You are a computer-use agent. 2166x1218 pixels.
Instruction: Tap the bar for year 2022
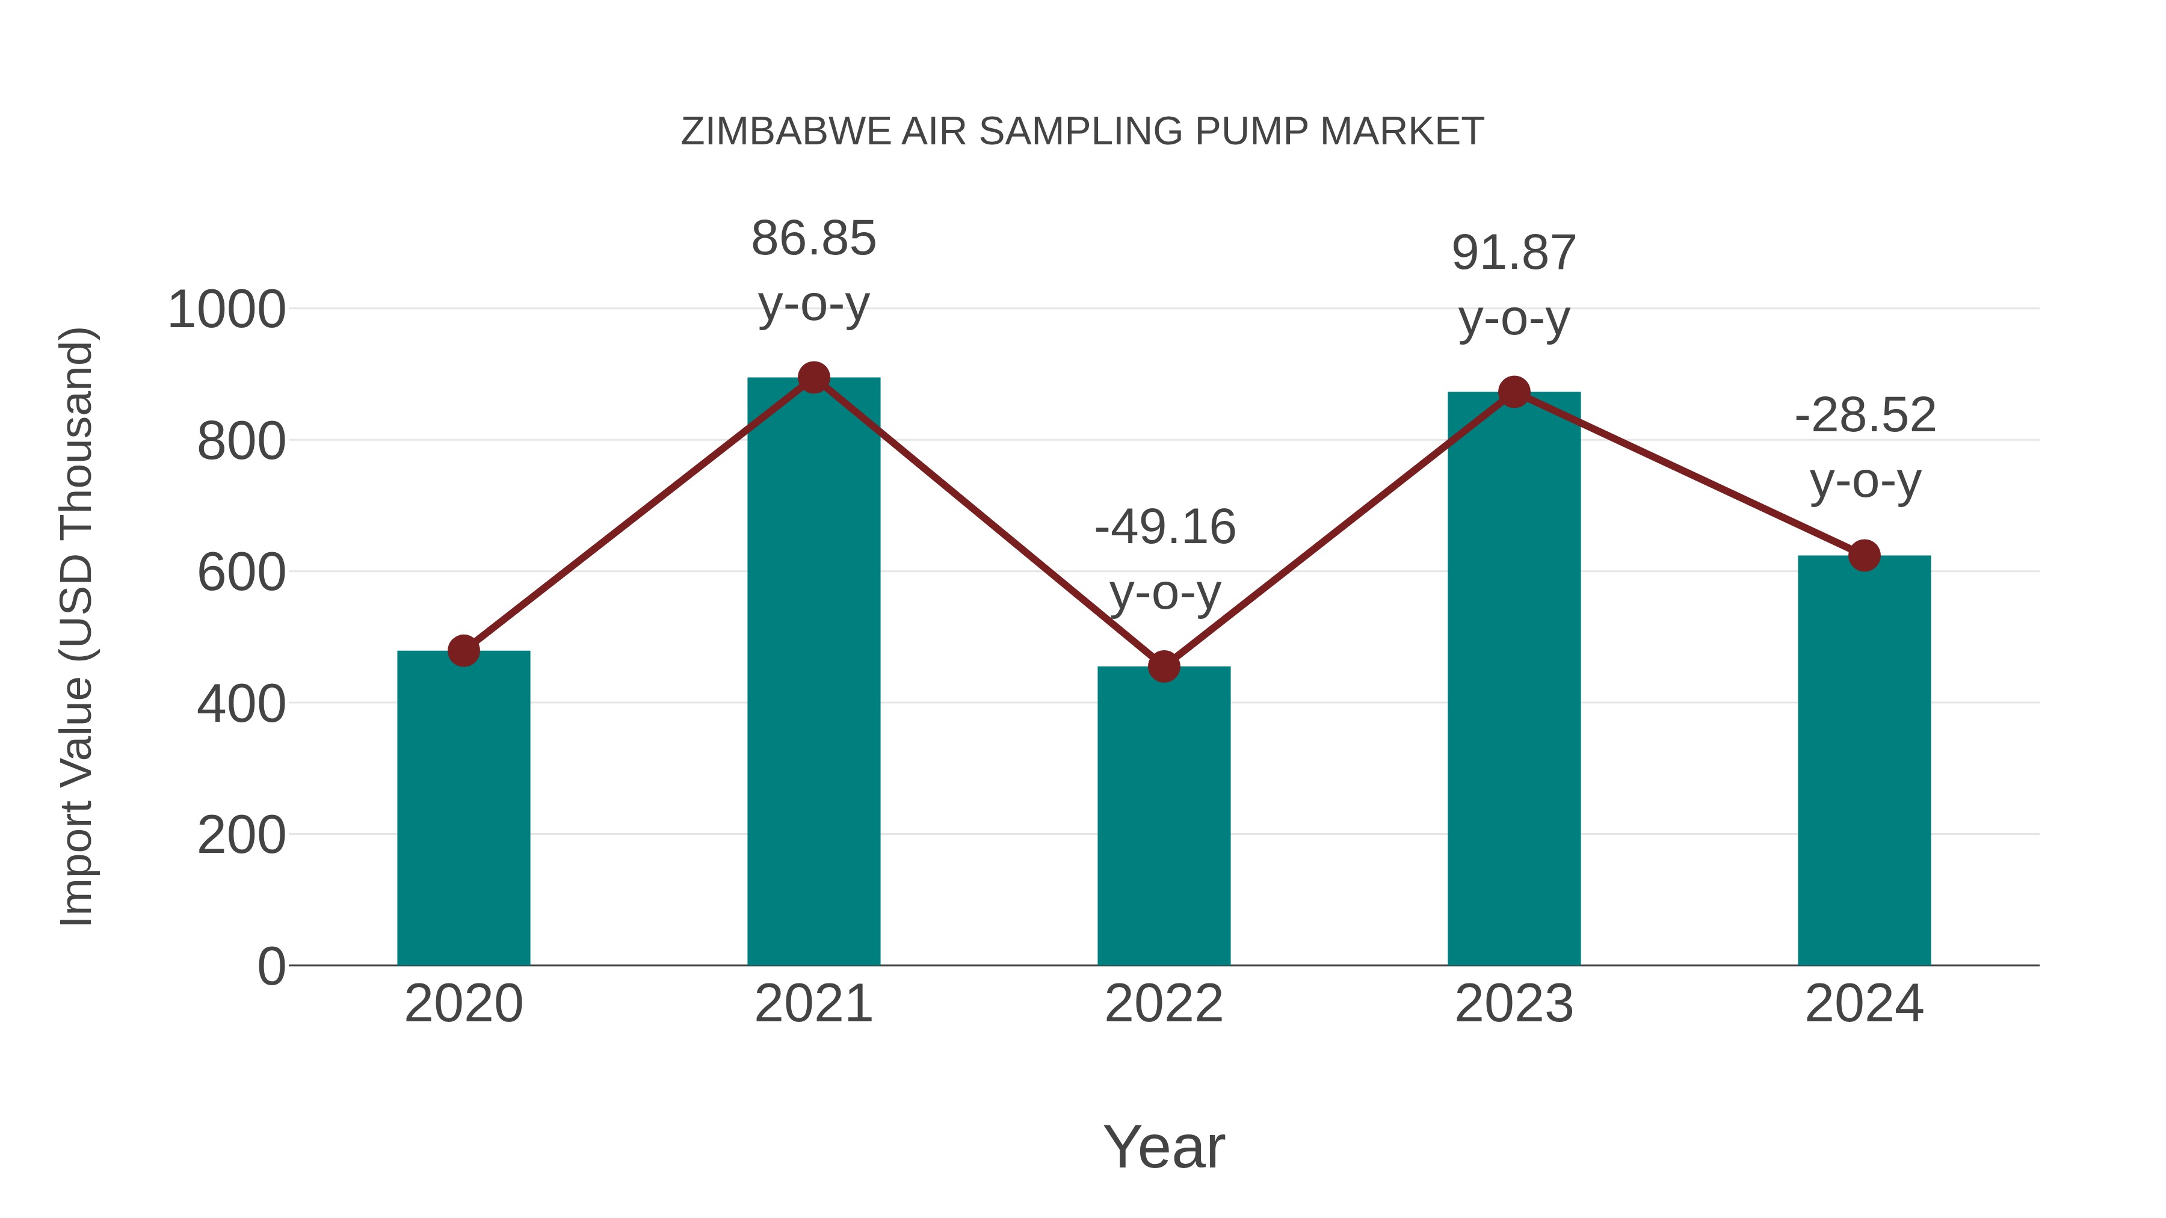pyautogui.click(x=1164, y=816)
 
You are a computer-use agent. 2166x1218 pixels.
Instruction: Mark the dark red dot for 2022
pyautogui.click(x=1164, y=666)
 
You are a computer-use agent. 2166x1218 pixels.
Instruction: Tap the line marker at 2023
pyautogui.click(x=1514, y=392)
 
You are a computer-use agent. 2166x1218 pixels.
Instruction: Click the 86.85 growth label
pyautogui.click(x=813, y=239)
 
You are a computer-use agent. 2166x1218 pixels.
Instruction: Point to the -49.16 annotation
pyautogui.click(x=1165, y=528)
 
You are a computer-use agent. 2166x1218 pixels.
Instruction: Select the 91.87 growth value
pyautogui.click(x=1514, y=253)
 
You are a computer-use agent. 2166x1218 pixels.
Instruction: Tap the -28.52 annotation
pyautogui.click(x=1865, y=415)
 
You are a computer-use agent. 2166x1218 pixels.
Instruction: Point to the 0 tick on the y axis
pyautogui.click(x=271, y=966)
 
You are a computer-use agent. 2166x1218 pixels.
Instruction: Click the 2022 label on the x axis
pyautogui.click(x=1164, y=1004)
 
